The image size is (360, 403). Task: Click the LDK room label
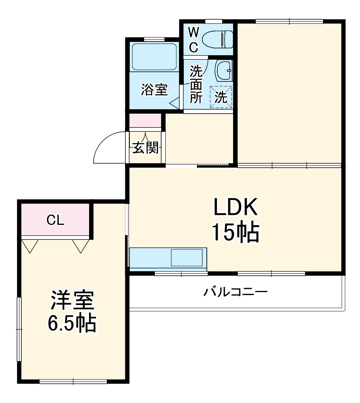tap(235, 208)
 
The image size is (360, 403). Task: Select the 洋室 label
tap(73, 301)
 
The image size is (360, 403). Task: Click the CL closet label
tap(55, 220)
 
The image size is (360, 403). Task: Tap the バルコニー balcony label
tap(235, 291)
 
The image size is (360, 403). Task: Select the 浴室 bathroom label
tap(154, 90)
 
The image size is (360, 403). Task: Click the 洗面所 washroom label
tap(196, 85)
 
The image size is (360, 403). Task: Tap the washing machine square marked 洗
tap(221, 97)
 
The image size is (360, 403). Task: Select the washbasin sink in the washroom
tap(223, 71)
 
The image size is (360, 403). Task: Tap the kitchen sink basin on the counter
tap(187, 258)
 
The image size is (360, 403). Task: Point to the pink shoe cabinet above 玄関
tap(145, 121)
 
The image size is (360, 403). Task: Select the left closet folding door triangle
tap(30, 245)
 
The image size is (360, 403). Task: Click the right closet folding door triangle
tap(80, 245)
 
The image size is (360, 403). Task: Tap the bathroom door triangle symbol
tap(176, 103)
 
